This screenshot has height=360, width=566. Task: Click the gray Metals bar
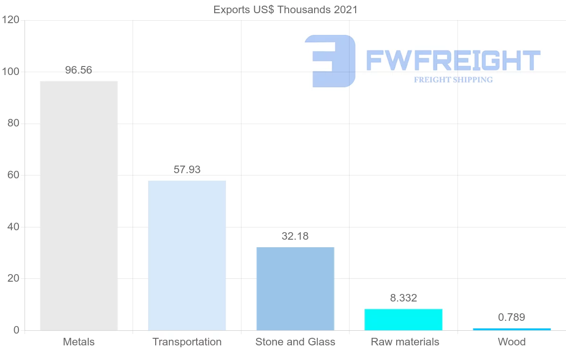coord(79,206)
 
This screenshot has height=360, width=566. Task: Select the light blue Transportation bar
coord(187,255)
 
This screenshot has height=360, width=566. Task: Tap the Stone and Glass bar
coord(295,289)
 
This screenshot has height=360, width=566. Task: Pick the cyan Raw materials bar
coord(403,319)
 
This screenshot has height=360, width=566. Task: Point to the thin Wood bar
coord(512,329)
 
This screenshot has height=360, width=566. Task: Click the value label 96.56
coord(79,70)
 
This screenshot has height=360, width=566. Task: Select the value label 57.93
coord(187,170)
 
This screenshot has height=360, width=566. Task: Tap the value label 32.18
coord(295,236)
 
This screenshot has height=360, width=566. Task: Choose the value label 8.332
coord(403,298)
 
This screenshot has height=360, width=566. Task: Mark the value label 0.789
coord(512,318)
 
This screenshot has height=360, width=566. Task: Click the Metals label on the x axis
coord(79,342)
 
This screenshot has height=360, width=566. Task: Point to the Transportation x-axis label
coord(187,342)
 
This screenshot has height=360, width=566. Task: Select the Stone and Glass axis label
coord(295,342)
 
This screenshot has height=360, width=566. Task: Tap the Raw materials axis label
coord(405,342)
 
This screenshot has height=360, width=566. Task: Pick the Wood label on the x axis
coord(512,342)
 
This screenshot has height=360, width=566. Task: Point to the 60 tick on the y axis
coord(14,175)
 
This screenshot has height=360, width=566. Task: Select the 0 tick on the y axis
coord(17,330)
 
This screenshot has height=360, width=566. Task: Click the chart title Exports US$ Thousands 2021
coord(285,9)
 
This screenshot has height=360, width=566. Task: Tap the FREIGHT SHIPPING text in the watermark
coord(453,80)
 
